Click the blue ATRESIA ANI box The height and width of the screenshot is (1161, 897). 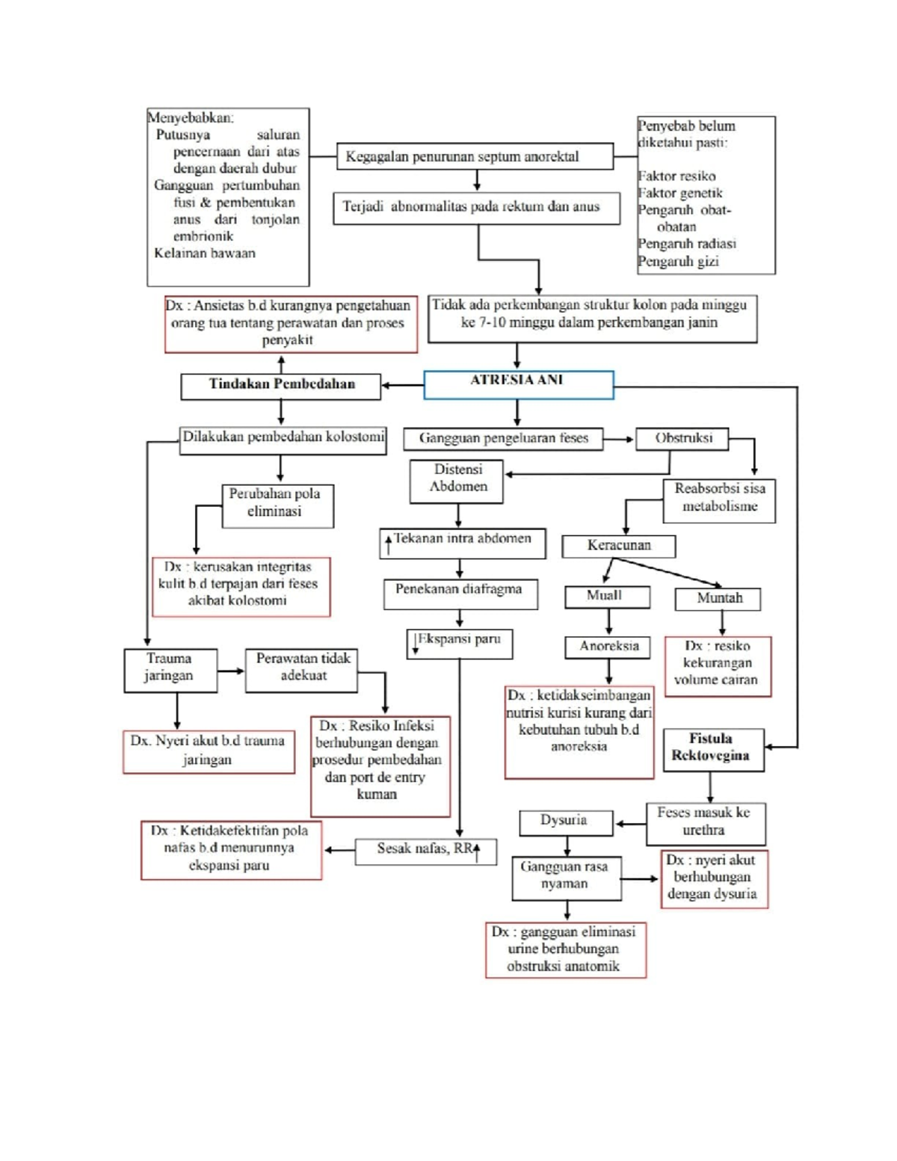pos(518,384)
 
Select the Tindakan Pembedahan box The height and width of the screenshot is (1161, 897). pos(281,386)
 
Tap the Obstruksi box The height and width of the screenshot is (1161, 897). pos(682,439)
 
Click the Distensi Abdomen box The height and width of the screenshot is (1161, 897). pos(457,481)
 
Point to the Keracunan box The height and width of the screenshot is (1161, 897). pos(618,546)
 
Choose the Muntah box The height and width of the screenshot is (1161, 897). pos(718,599)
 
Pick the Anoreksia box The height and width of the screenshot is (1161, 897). pos(608,647)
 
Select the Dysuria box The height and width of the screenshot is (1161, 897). pos(566,822)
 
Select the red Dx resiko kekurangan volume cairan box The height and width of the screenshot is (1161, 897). pos(717,665)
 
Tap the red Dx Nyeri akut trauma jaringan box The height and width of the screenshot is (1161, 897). pos(209,751)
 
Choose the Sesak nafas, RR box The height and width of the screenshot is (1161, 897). pos(425,851)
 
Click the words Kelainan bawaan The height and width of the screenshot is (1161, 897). pos(205,253)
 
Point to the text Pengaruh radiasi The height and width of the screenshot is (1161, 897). pos(687,244)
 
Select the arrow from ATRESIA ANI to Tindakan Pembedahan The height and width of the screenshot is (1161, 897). pos(402,386)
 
